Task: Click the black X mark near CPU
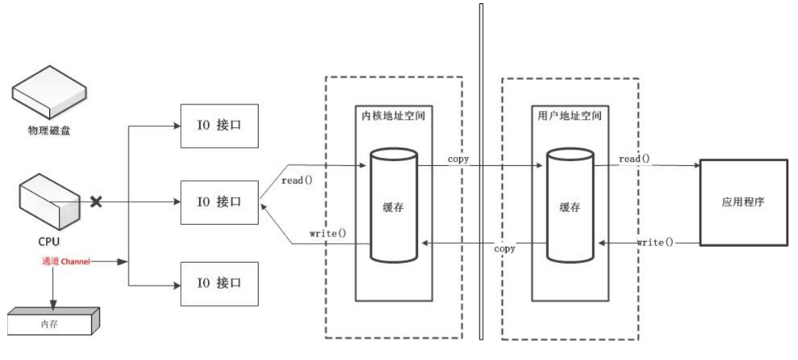[x=96, y=200]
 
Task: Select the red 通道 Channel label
[x=70, y=262]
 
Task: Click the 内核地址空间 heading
[x=393, y=116]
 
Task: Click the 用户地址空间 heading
[x=570, y=116]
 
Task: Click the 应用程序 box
[x=743, y=202]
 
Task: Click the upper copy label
[x=458, y=159]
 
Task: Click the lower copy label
[x=505, y=248]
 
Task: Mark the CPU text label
[x=48, y=241]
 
